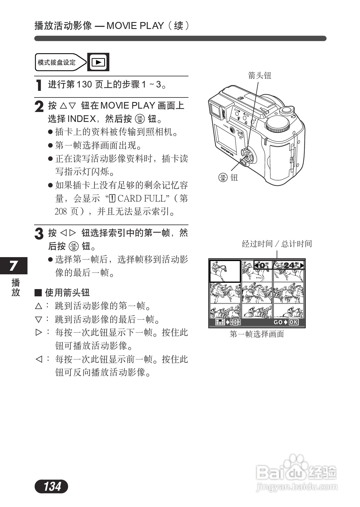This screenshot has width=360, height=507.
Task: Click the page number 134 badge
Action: click(x=51, y=486)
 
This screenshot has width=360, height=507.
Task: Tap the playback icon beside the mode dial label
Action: click(x=98, y=62)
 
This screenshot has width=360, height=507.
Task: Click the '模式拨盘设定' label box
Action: click(x=57, y=62)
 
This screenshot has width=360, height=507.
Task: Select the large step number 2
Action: click(x=39, y=107)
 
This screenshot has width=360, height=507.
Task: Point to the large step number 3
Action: click(x=39, y=234)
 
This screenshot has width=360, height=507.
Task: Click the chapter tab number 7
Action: click(x=13, y=266)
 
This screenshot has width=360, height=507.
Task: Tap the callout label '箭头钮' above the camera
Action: click(x=259, y=75)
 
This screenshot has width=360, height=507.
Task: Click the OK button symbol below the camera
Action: click(x=223, y=177)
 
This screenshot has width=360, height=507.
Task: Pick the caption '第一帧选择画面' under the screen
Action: click(x=257, y=334)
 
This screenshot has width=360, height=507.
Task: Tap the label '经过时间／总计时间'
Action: click(x=277, y=244)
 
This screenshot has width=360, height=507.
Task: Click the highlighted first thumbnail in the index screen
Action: click(x=225, y=271)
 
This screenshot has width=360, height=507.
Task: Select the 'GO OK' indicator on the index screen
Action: click(x=286, y=322)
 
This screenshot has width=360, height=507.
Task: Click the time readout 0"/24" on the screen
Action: click(x=278, y=265)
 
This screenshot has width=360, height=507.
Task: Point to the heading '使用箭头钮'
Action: click(x=67, y=292)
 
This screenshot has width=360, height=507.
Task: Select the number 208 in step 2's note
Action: click(x=61, y=212)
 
